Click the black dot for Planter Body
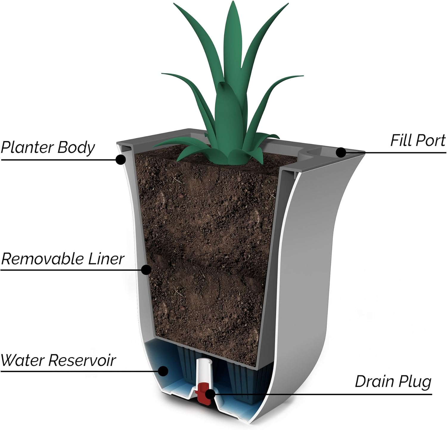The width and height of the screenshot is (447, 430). point(120,160)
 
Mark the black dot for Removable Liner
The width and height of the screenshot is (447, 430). point(146,270)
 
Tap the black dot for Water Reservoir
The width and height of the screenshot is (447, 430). point(163,371)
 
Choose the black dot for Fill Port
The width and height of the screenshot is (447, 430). point(341,152)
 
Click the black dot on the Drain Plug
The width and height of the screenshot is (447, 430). point(210,394)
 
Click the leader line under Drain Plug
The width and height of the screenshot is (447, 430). point(328,394)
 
